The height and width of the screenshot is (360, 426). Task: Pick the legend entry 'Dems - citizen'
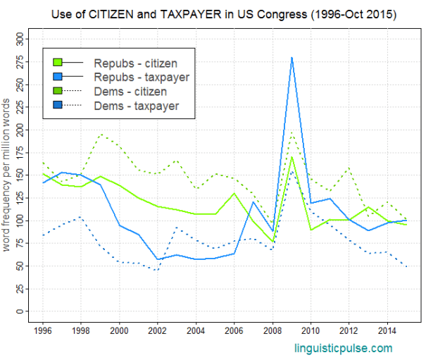coord(130,92)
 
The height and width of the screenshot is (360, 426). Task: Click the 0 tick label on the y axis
coord(21,311)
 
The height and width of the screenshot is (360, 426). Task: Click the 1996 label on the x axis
coord(43,330)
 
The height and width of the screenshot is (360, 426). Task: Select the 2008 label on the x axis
coord(273,330)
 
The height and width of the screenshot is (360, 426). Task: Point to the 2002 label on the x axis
coord(158,330)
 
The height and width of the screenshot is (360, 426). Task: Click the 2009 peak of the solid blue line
coord(292,58)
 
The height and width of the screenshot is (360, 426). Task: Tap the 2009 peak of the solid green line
coord(292,156)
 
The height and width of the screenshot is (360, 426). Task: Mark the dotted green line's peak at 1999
coord(101,135)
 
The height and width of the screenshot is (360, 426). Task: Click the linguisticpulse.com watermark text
coord(343,348)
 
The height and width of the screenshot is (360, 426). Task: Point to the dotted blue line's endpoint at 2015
coord(406,267)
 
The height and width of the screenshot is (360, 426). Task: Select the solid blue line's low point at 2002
coord(158,260)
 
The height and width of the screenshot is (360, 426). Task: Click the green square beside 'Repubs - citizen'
coord(58,63)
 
